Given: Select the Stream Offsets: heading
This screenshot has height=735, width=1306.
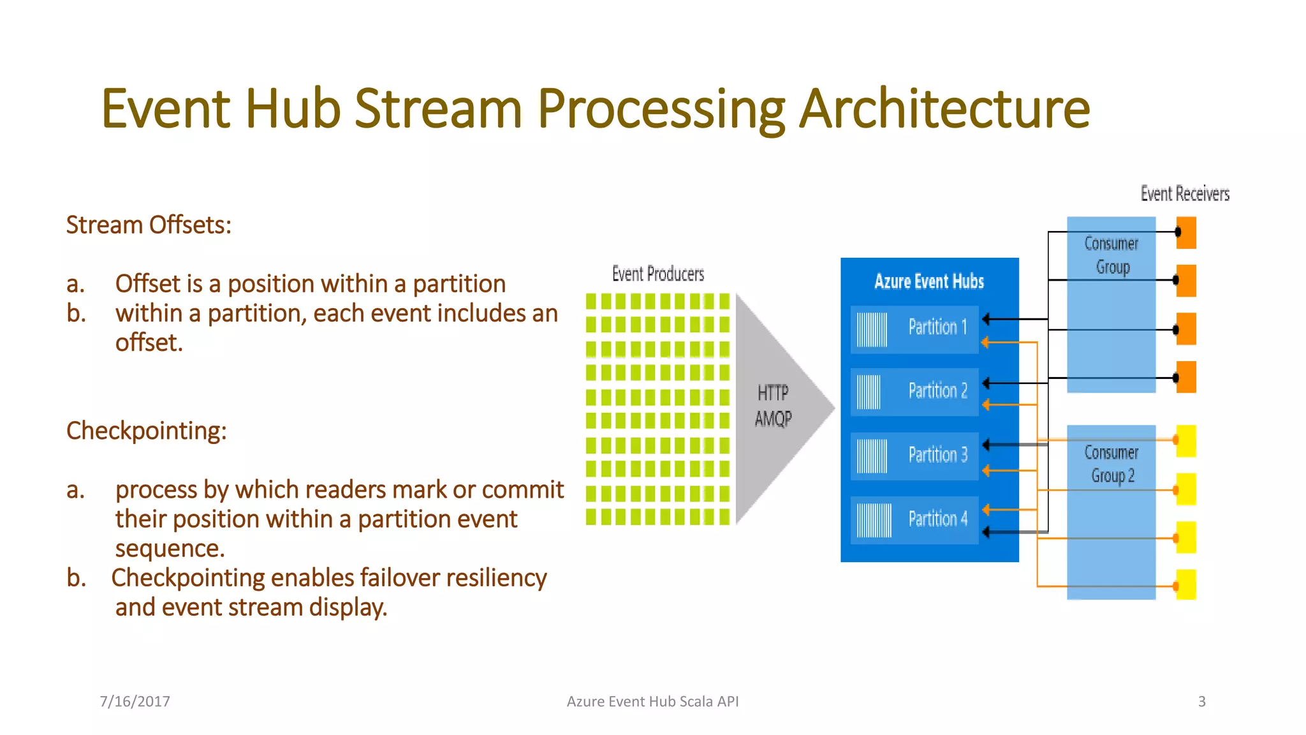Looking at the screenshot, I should pyautogui.click(x=149, y=225).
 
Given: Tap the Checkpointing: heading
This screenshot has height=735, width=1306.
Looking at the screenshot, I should pyautogui.click(x=146, y=431).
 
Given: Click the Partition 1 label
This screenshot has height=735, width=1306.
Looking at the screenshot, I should pyautogui.click(x=937, y=327).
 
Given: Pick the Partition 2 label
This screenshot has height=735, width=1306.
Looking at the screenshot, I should pyautogui.click(x=937, y=390).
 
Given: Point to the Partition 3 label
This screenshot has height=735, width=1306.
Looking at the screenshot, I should pyautogui.click(x=937, y=455).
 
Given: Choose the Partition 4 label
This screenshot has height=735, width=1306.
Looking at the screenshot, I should pyautogui.click(x=937, y=519).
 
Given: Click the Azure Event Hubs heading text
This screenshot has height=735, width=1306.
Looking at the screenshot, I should pyautogui.click(x=929, y=281).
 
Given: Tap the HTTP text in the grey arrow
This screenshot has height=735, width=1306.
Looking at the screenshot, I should pyautogui.click(x=773, y=392).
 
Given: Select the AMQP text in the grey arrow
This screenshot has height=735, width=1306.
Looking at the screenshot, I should pyautogui.click(x=773, y=419).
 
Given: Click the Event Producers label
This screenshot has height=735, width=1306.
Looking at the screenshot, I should pyautogui.click(x=658, y=274).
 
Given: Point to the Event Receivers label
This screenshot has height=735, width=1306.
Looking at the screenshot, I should pyautogui.click(x=1185, y=194).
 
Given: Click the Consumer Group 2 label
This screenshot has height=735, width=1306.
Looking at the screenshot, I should pyautogui.click(x=1112, y=464).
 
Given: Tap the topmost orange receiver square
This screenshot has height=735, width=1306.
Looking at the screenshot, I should pyautogui.click(x=1186, y=233).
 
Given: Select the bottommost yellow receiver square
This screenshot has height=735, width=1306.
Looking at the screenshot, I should pyautogui.click(x=1186, y=584).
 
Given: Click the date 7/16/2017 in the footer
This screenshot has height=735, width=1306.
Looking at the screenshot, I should pyautogui.click(x=135, y=702).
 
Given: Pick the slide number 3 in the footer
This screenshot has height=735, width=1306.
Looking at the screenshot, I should pyautogui.click(x=1201, y=702).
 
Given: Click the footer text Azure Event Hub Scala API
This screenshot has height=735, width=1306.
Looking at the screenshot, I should pyautogui.click(x=652, y=702).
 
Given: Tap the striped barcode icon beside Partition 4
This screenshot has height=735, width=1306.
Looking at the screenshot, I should pyautogui.click(x=874, y=520).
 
